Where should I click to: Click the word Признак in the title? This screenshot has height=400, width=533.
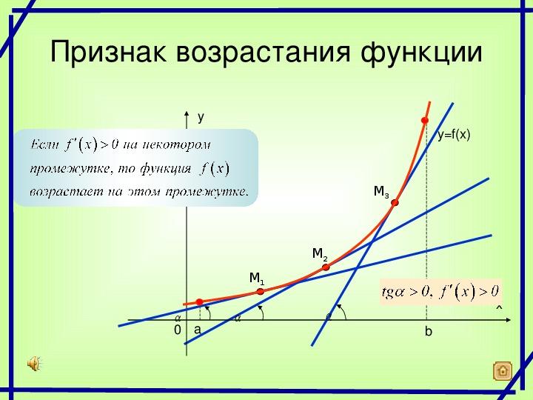coord(108,51)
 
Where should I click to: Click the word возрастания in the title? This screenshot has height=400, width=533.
coord(263,52)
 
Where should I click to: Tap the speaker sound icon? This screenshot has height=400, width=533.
coord(33,363)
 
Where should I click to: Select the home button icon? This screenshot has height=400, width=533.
coord(503,370)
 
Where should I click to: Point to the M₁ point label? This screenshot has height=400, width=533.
coord(257,279)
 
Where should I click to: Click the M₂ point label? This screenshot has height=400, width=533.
coord(320,254)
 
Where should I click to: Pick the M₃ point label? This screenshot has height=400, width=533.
coord(381,192)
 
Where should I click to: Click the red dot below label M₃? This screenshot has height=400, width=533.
coord(395,203)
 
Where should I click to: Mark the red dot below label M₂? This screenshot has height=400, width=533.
coord(326,267)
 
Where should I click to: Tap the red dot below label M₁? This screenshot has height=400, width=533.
coord(261,292)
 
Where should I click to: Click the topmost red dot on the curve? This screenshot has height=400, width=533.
coord(425,121)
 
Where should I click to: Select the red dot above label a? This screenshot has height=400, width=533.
coord(200,302)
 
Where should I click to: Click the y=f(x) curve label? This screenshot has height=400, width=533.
coord(454,135)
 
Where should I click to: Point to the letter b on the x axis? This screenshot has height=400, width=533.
coord(429,331)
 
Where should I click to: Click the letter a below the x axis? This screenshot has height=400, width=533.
coord(198,330)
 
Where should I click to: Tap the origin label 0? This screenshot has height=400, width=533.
coord(178,330)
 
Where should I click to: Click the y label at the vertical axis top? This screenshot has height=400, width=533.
coord(201,117)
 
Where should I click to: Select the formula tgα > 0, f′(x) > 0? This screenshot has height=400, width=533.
coord(440,292)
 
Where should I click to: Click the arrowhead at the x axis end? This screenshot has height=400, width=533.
coord(508,320)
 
